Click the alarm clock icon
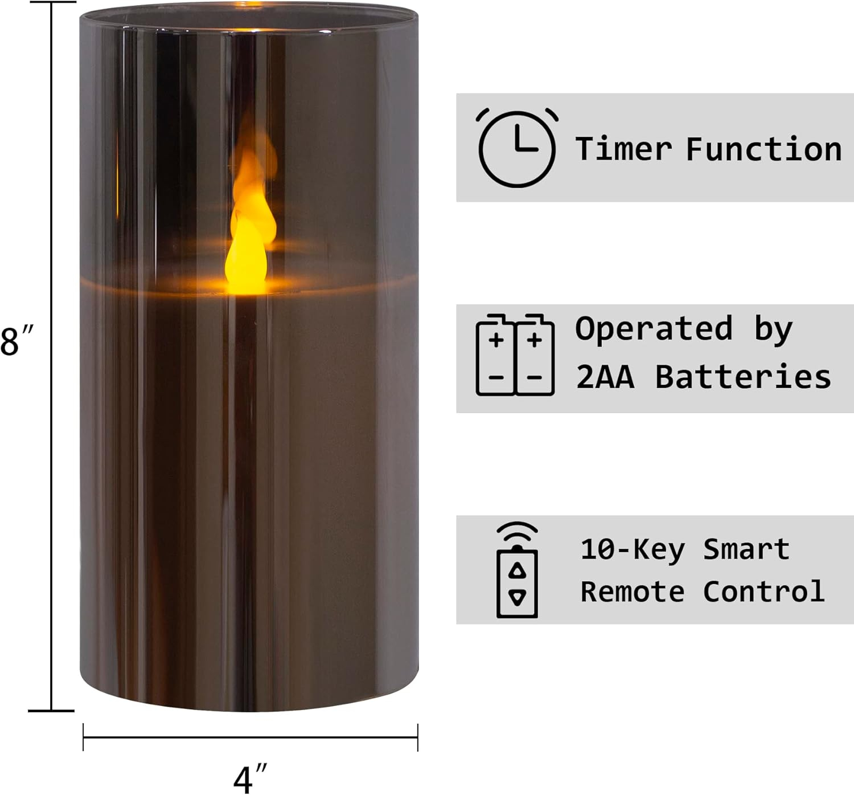click(517, 148)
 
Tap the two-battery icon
click(515, 354)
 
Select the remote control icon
click(517, 570)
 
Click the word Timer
click(623, 149)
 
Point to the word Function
click(763, 149)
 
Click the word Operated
click(654, 329)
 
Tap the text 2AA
click(605, 377)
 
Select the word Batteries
click(743, 376)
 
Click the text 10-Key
click(633, 550)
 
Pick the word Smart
click(746, 549)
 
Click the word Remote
click(633, 592)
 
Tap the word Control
click(763, 590)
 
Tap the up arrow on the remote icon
click(517, 570)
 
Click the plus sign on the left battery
click(496, 340)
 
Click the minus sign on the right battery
click(534, 377)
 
